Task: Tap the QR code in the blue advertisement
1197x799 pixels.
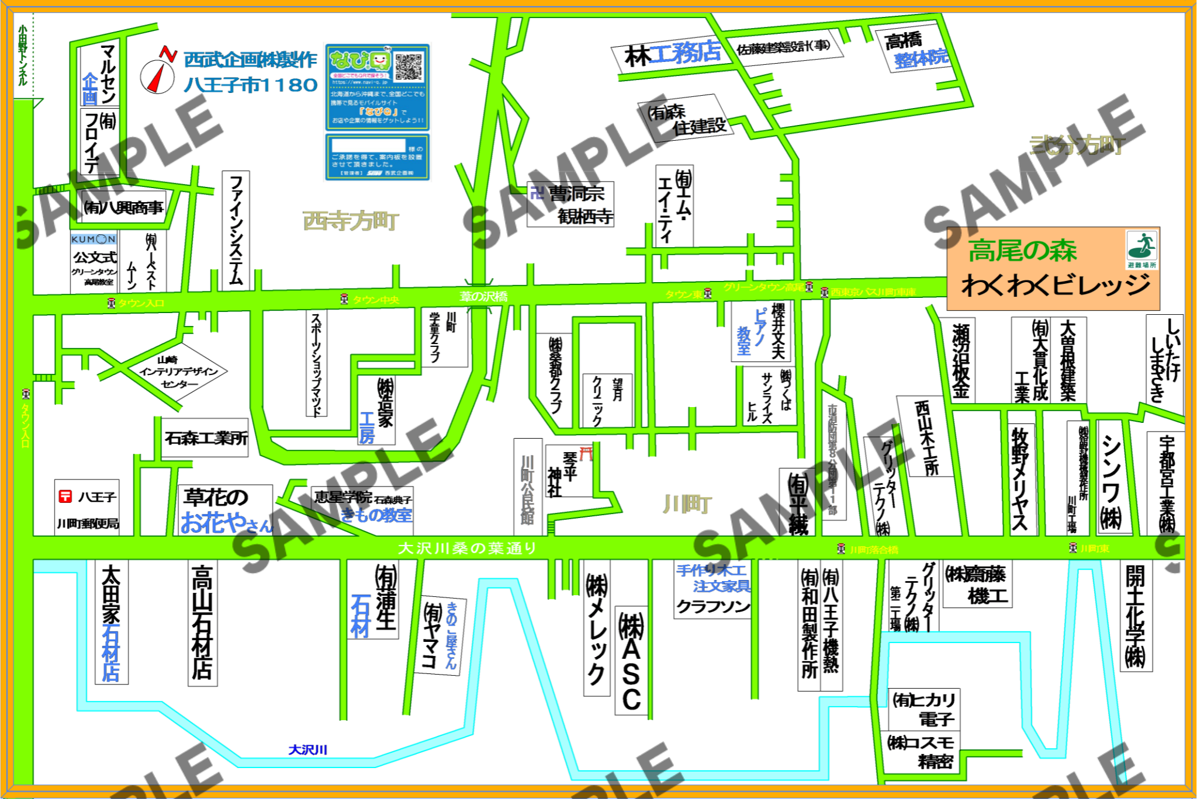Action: point(408,67)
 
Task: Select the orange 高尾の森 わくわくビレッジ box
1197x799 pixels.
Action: point(1053,269)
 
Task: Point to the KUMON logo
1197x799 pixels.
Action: point(94,239)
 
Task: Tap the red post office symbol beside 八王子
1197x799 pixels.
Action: point(65,496)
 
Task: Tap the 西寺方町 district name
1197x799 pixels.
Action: point(351,221)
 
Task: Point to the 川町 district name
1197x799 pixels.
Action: point(687,504)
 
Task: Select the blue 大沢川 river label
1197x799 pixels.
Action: point(307,749)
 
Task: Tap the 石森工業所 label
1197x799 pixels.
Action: point(206,438)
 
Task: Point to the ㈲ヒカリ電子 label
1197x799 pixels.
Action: point(924,708)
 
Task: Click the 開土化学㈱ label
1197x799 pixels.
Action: point(1135,616)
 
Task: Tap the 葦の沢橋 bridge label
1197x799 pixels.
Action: point(483,297)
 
